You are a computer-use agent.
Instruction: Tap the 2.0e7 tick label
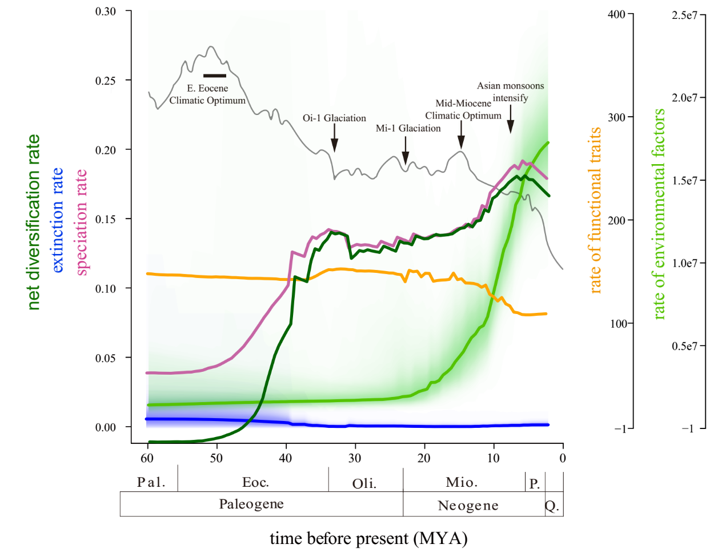coord(684,98)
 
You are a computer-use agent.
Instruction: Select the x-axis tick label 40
coord(285,458)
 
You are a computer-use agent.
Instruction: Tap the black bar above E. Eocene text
coord(215,76)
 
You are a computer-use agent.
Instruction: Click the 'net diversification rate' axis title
coord(34,222)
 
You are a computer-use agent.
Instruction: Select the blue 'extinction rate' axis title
coord(58,220)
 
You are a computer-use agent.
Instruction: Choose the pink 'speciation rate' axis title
coord(82,222)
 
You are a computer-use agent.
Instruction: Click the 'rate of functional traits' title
coord(595,211)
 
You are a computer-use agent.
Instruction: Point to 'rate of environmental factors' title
coord(659,214)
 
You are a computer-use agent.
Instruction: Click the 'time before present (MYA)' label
coord(368,538)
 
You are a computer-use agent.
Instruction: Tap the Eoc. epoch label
coord(255,482)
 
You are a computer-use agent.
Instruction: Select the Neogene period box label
coord(468,505)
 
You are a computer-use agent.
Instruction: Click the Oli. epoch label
coord(364,483)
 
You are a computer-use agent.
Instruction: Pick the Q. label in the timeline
coord(552,506)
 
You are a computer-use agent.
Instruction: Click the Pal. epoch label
coord(151,482)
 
